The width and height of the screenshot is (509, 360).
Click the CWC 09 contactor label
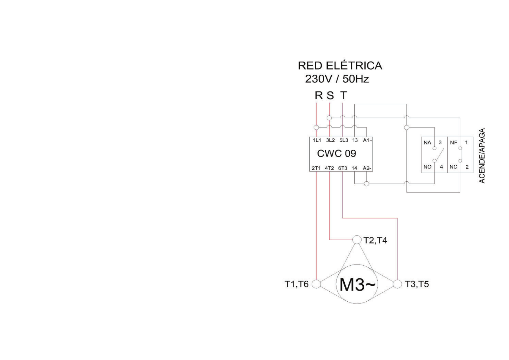(x=337, y=154)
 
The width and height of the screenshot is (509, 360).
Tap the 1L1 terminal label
(x=317, y=140)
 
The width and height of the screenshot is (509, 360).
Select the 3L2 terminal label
(x=330, y=140)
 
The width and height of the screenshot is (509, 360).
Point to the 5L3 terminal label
(x=343, y=140)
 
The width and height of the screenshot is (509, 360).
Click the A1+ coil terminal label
(x=367, y=140)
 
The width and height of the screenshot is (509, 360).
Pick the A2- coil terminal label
(x=367, y=168)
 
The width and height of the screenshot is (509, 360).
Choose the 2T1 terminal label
(x=316, y=168)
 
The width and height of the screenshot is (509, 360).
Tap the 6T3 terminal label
(x=343, y=168)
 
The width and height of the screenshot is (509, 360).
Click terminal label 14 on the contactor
(x=354, y=168)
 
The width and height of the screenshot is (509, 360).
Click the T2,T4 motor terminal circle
(x=357, y=239)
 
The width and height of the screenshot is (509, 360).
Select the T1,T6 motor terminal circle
(x=316, y=284)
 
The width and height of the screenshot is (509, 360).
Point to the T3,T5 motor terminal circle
(x=397, y=284)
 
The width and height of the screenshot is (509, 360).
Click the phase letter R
(x=319, y=95)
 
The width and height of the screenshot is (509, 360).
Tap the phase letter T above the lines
(x=343, y=95)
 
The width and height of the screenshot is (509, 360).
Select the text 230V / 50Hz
(x=337, y=79)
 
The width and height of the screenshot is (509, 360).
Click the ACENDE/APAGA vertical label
(x=482, y=156)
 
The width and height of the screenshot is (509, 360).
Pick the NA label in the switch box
(x=427, y=143)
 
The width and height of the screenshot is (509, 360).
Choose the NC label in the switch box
(x=453, y=167)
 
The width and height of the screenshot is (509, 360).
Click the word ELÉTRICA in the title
(x=354, y=66)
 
